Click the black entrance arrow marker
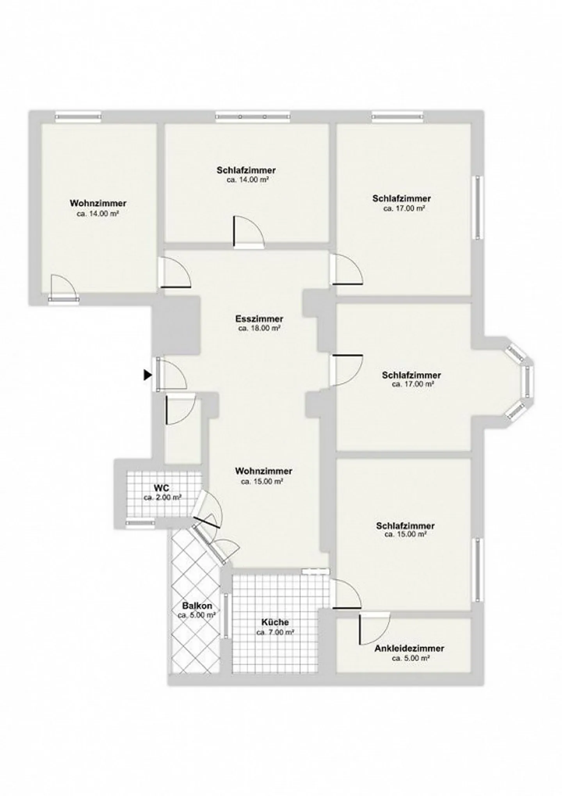click(x=147, y=375)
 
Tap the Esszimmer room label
click(x=260, y=319)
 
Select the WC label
click(x=162, y=488)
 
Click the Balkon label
click(x=197, y=606)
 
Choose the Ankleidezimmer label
click(x=409, y=648)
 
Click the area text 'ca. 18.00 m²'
click(x=260, y=328)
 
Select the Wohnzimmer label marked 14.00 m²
click(x=98, y=203)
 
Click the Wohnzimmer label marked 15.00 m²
click(x=264, y=472)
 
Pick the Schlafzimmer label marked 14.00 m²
click(x=246, y=170)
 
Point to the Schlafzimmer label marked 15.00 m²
click(x=405, y=526)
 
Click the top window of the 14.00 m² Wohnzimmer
click(x=78, y=116)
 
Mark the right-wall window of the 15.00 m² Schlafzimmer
click(x=477, y=570)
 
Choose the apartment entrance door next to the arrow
click(x=171, y=374)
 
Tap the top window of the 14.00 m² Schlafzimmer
click(x=253, y=116)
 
